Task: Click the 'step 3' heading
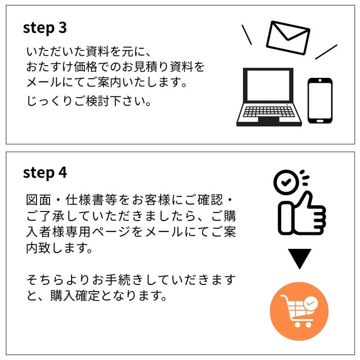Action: point(45,28)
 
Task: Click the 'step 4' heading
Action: point(45,173)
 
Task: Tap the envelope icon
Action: point(288,38)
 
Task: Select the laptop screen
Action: point(268,85)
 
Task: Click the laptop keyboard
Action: point(269,112)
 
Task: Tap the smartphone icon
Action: point(320,101)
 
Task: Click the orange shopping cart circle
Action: point(299,311)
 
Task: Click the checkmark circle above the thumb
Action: point(286,182)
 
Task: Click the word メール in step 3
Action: point(44,82)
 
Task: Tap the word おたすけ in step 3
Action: point(49,67)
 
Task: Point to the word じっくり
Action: point(49,101)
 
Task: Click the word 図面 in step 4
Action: point(38,200)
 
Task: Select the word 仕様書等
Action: point(91,200)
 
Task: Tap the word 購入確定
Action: point(75,296)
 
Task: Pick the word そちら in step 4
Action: point(45,279)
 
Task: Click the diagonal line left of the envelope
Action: point(247,35)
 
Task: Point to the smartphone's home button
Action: point(320,121)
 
